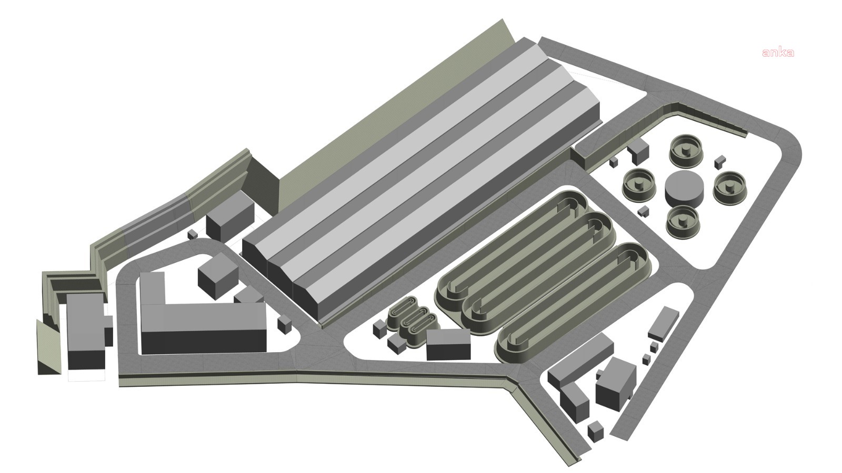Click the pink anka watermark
(x=778, y=53)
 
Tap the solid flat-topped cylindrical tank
(x=684, y=188)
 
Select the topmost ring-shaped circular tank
(x=686, y=150)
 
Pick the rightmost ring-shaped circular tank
(x=730, y=188)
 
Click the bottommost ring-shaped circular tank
(x=683, y=223)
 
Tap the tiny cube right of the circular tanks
(x=720, y=161)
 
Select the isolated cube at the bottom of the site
(x=595, y=431)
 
